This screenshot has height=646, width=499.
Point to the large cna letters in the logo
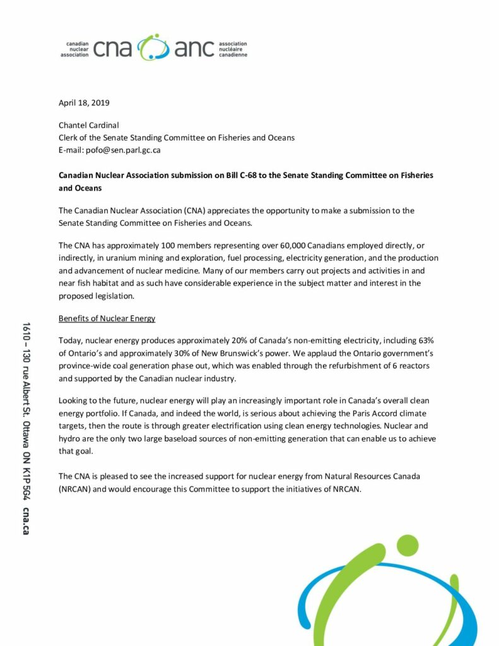click(x=112, y=49)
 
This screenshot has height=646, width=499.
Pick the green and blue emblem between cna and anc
click(x=153, y=47)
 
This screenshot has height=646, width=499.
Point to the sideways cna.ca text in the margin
click(x=26, y=520)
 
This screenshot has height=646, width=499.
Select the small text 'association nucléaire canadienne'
click(x=233, y=49)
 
